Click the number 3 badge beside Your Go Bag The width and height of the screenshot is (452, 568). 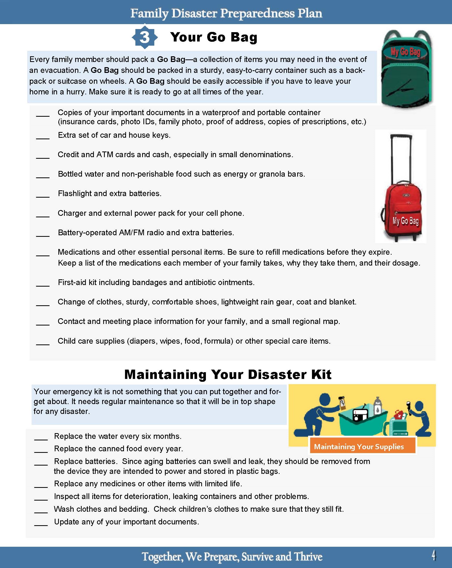click(145, 37)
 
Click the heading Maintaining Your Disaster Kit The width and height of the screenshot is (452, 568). click(228, 374)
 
